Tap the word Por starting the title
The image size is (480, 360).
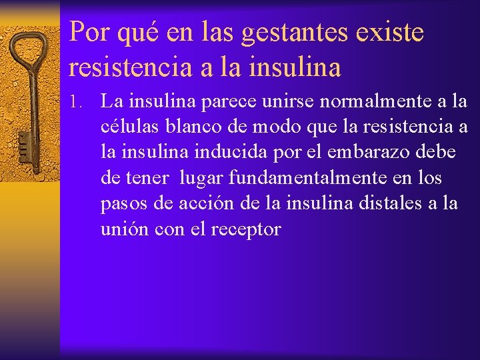click(89, 32)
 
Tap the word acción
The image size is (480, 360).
click(187, 203)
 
